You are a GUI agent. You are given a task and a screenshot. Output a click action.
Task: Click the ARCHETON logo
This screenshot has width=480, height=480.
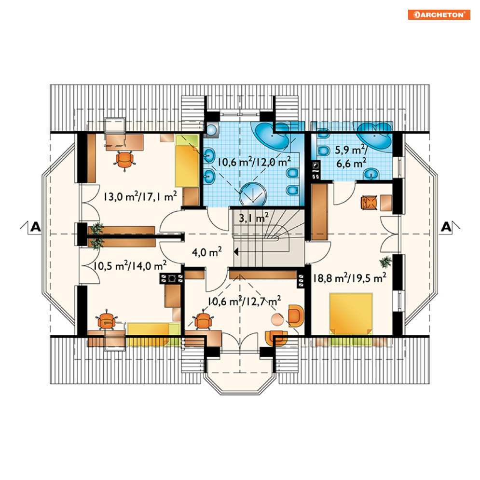[x=439, y=14]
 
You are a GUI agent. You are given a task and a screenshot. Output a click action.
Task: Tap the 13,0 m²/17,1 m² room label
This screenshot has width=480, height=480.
[x=140, y=196]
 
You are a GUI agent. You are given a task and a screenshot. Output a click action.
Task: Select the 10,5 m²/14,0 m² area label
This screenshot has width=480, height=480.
[x=130, y=265]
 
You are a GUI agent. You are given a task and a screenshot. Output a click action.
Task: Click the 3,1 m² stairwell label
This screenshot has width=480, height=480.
[x=254, y=218]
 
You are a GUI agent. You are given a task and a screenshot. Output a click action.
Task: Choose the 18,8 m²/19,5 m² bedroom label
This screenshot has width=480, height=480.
[x=349, y=278]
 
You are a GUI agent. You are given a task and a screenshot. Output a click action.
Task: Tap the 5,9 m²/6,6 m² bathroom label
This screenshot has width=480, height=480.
[x=351, y=156]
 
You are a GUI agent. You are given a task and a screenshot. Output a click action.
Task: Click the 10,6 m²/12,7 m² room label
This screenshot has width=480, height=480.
[x=244, y=301]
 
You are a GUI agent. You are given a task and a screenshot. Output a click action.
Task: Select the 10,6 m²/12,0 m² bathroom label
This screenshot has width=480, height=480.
[x=254, y=162]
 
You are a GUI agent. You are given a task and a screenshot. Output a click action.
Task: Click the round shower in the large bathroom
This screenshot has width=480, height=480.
[x=253, y=194]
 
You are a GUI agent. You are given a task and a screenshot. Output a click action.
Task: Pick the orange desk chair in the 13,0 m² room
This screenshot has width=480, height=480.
[x=124, y=160]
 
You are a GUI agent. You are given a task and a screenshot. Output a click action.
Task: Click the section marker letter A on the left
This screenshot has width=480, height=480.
[x=36, y=227]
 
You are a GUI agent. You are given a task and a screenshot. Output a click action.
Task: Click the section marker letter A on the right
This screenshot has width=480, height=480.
[x=446, y=227]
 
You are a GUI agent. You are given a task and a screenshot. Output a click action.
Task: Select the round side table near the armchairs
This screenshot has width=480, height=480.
[x=277, y=319]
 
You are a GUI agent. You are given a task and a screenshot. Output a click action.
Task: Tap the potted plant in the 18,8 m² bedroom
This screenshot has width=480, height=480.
[x=385, y=262]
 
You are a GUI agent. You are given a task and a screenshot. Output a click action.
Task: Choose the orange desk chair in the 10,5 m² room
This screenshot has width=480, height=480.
[x=106, y=320]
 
